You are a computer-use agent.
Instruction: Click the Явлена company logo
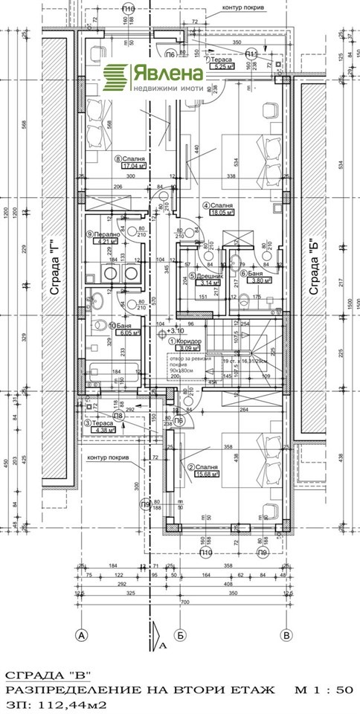pyautogui.click(x=153, y=77)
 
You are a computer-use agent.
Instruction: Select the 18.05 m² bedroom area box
pyautogui.click(x=222, y=211)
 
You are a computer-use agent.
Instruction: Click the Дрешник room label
pyautogui.click(x=202, y=276)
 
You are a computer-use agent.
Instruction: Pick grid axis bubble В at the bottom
pyautogui.click(x=285, y=635)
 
